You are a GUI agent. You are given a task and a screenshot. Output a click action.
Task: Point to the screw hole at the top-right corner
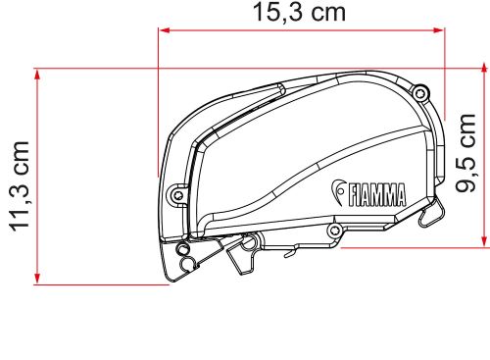pos(420,93)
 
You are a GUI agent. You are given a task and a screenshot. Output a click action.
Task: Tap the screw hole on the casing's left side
pos(176,193)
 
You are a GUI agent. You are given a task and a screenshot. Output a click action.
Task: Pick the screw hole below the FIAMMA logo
pos(335,231)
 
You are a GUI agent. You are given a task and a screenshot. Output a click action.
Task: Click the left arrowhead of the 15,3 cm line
pos(164,30)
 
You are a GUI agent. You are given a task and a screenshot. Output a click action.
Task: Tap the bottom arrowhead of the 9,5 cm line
pos(484,241)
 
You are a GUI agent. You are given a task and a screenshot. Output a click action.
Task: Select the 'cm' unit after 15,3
pos(330,13)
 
